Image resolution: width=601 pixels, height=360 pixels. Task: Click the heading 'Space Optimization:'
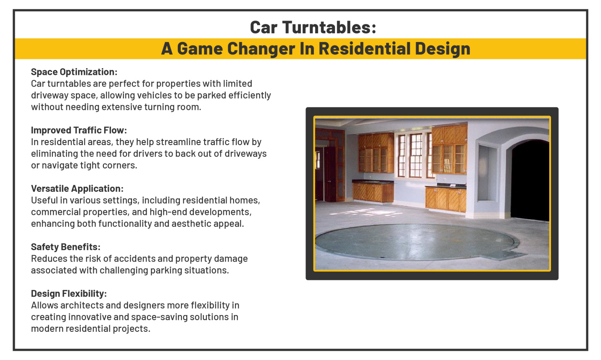click(74, 72)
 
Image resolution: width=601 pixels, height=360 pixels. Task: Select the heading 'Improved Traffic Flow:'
click(79, 130)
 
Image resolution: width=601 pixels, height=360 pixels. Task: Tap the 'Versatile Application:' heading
click(77, 189)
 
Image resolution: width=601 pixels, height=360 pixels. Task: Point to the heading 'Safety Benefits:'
click(66, 247)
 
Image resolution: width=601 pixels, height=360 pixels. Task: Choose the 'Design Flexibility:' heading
click(69, 294)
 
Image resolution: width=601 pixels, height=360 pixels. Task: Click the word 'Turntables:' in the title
click(329, 28)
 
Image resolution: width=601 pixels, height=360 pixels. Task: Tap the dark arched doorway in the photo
click(530, 181)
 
